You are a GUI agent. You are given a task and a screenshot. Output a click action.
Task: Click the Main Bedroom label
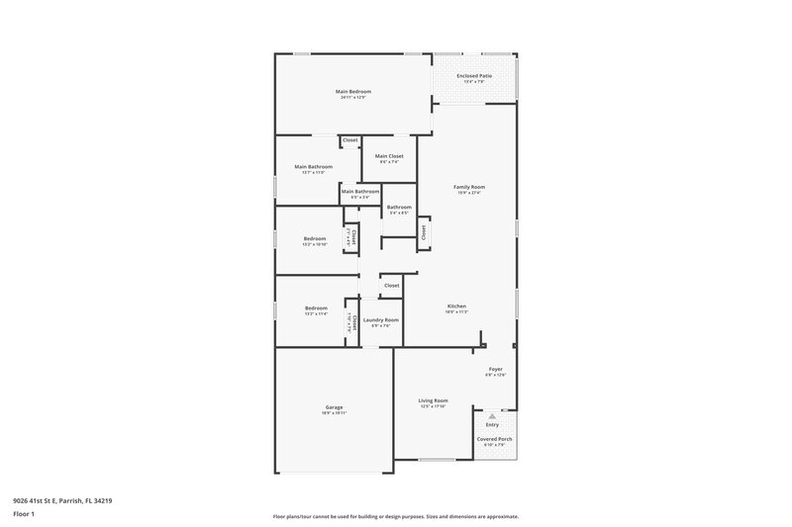(x=353, y=92)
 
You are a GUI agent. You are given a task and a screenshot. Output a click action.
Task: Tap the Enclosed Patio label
(x=474, y=76)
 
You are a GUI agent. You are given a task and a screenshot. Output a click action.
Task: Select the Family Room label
(x=469, y=187)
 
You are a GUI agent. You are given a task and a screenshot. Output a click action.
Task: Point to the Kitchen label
(x=455, y=307)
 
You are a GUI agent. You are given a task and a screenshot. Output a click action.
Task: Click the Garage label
(x=335, y=406)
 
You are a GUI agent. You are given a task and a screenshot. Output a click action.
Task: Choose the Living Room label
(x=434, y=400)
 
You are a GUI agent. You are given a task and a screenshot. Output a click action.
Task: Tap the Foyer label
(x=495, y=369)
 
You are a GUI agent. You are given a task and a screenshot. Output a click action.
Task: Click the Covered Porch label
(x=495, y=439)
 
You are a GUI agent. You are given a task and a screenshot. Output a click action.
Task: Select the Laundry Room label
(x=381, y=319)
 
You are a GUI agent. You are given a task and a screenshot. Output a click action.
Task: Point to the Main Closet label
(x=389, y=156)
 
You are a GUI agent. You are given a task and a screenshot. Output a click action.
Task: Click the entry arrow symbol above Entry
(x=492, y=416)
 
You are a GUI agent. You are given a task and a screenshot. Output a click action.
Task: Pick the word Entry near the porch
(x=492, y=425)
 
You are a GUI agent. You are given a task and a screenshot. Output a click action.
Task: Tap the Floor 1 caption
(x=24, y=515)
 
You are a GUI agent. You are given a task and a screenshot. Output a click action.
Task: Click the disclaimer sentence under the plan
(x=395, y=516)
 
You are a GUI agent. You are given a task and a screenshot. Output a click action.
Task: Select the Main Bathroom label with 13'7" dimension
(x=313, y=167)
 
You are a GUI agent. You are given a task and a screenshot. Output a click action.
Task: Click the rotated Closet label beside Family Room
(x=424, y=232)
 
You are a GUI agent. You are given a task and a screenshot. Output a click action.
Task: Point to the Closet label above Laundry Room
(x=392, y=286)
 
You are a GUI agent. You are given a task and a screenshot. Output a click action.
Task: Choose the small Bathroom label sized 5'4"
(x=399, y=207)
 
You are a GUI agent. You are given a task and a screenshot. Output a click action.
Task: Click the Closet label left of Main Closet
(x=349, y=140)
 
